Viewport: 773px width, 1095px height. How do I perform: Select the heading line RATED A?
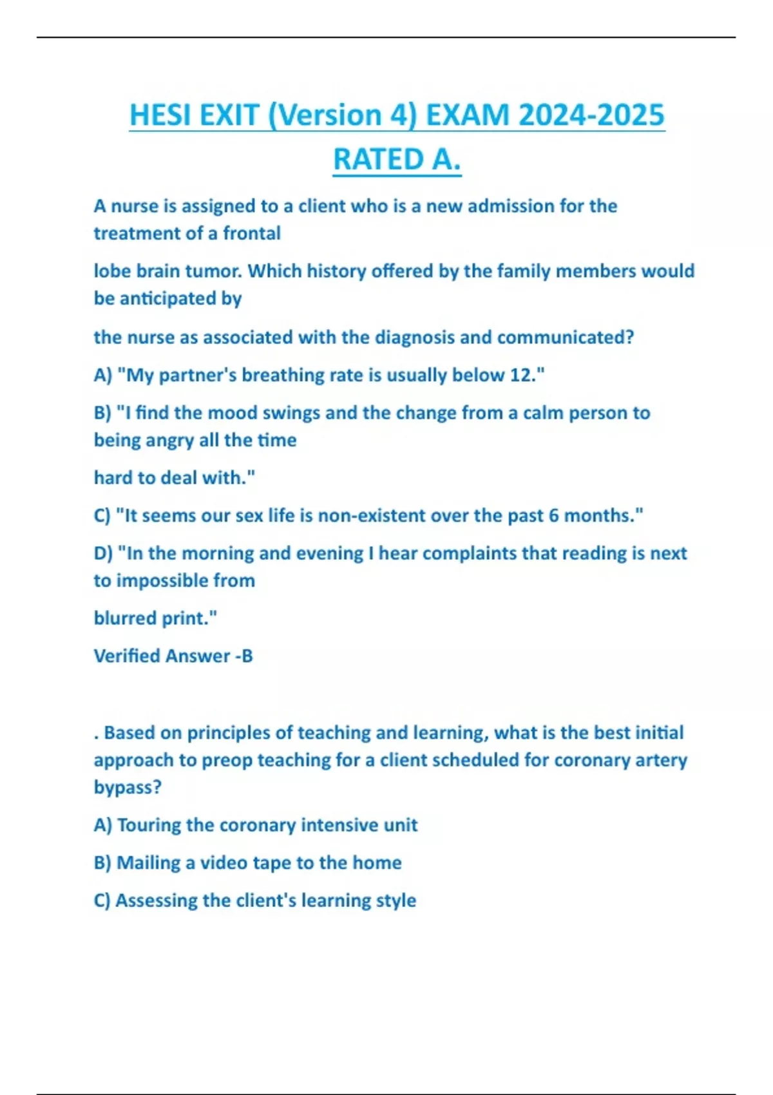click(397, 160)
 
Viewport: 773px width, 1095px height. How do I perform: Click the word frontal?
click(252, 233)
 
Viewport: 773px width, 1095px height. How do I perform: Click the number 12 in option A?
click(522, 375)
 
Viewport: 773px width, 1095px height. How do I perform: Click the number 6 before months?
click(554, 515)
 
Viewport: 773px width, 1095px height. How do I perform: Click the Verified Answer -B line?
click(173, 656)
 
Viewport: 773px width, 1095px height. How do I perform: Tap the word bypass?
click(128, 787)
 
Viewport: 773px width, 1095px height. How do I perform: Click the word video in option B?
click(224, 862)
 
